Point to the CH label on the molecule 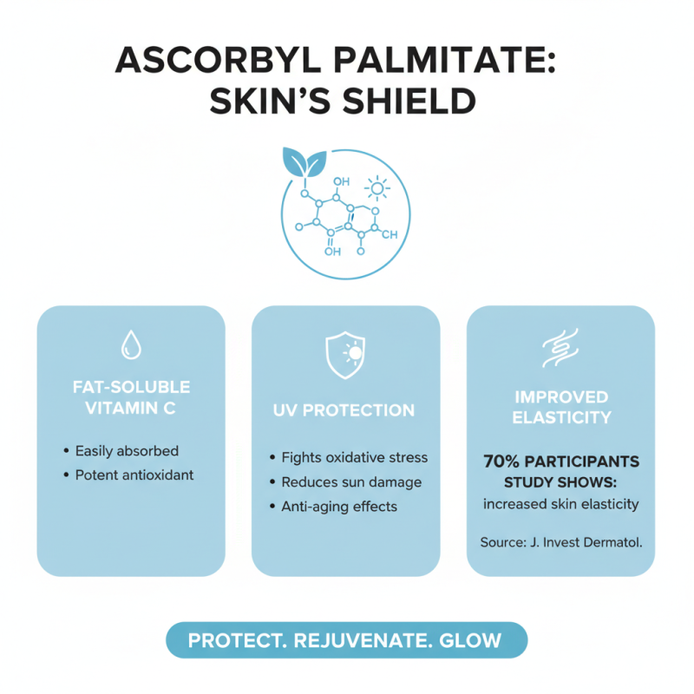389,234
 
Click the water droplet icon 131,344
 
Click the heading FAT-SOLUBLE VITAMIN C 131,397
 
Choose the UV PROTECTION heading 345,410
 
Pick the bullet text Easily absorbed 127,451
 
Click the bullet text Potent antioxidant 134,475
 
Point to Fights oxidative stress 355,457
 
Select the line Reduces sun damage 351,481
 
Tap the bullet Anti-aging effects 339,506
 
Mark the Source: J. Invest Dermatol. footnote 560,542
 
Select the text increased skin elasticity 560,503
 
